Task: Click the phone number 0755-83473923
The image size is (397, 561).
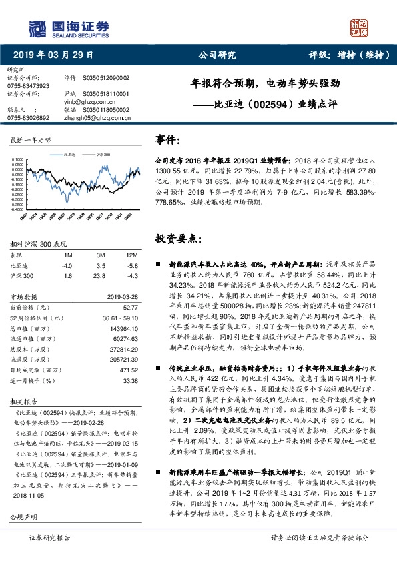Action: (27, 86)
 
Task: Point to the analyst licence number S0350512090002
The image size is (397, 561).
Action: (106, 77)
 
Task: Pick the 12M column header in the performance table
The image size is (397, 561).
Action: (131, 255)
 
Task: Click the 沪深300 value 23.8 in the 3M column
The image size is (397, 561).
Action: (101, 275)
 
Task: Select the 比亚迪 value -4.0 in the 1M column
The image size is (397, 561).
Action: (68, 265)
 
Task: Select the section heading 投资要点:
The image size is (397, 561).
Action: (175, 238)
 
